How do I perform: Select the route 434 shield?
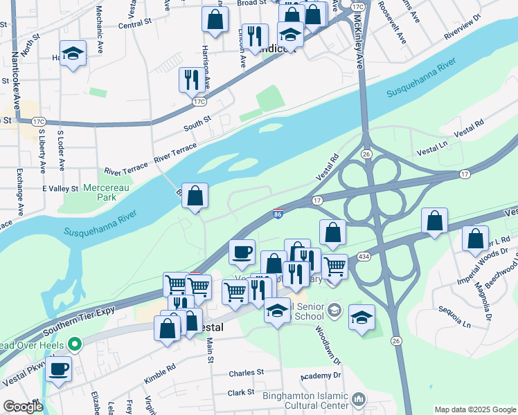coord(363,257)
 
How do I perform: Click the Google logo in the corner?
coord(23,407)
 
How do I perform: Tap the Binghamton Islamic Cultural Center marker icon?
coord(358,398)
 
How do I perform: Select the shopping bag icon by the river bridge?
coord(196,194)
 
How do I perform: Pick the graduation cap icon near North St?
coord(72,53)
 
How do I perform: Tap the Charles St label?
coord(247,372)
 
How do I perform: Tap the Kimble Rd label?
coord(161,376)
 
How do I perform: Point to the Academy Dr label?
coord(321,376)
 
